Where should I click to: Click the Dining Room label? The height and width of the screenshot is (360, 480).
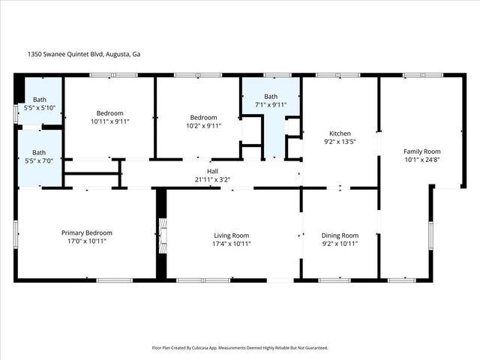click(340, 235)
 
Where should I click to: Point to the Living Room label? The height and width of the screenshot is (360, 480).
click(231, 235)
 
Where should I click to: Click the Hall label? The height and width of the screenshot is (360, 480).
click(213, 170)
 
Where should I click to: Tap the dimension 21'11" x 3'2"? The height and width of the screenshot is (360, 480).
click(213, 178)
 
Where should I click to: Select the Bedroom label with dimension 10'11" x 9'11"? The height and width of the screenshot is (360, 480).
click(109, 112)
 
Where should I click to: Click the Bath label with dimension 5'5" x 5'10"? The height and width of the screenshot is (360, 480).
click(38, 100)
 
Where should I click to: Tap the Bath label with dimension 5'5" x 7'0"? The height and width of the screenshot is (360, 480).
click(38, 153)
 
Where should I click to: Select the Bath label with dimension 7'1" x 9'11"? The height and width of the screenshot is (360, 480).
click(271, 96)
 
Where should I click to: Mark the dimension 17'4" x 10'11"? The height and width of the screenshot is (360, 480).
click(231, 243)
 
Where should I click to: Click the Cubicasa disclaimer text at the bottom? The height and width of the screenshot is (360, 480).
click(240, 348)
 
